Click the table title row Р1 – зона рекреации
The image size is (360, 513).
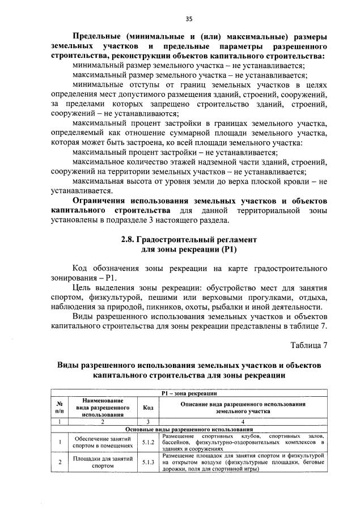click(x=189, y=393)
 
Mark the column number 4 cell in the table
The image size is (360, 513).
click(x=242, y=422)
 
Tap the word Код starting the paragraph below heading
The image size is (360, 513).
click(x=83, y=268)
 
